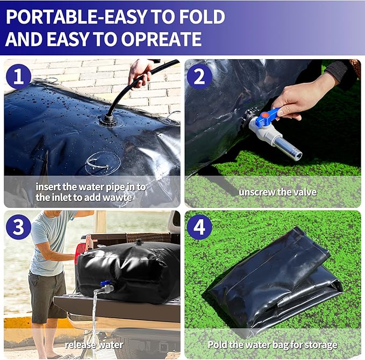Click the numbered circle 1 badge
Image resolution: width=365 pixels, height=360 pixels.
tap(18, 76)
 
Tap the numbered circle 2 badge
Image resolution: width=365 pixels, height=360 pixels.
tap(199, 77)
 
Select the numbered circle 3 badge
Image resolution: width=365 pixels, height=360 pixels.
tap(18, 227)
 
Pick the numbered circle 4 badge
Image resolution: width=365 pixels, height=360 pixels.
tap(199, 227)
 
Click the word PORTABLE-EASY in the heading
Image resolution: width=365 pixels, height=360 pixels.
tap(76, 17)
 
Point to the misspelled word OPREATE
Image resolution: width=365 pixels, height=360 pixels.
tap(161, 39)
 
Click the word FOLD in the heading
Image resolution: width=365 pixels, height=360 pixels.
tap(203, 17)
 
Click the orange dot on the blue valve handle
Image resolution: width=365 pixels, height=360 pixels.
tap(264, 114)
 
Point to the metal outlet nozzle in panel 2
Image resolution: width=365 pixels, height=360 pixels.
tap(288, 148)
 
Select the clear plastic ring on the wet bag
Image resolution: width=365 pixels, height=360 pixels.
tap(103, 163)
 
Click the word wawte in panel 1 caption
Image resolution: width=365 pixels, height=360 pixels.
tap(117, 198)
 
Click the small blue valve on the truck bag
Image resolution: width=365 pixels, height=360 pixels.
tap(105, 283)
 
